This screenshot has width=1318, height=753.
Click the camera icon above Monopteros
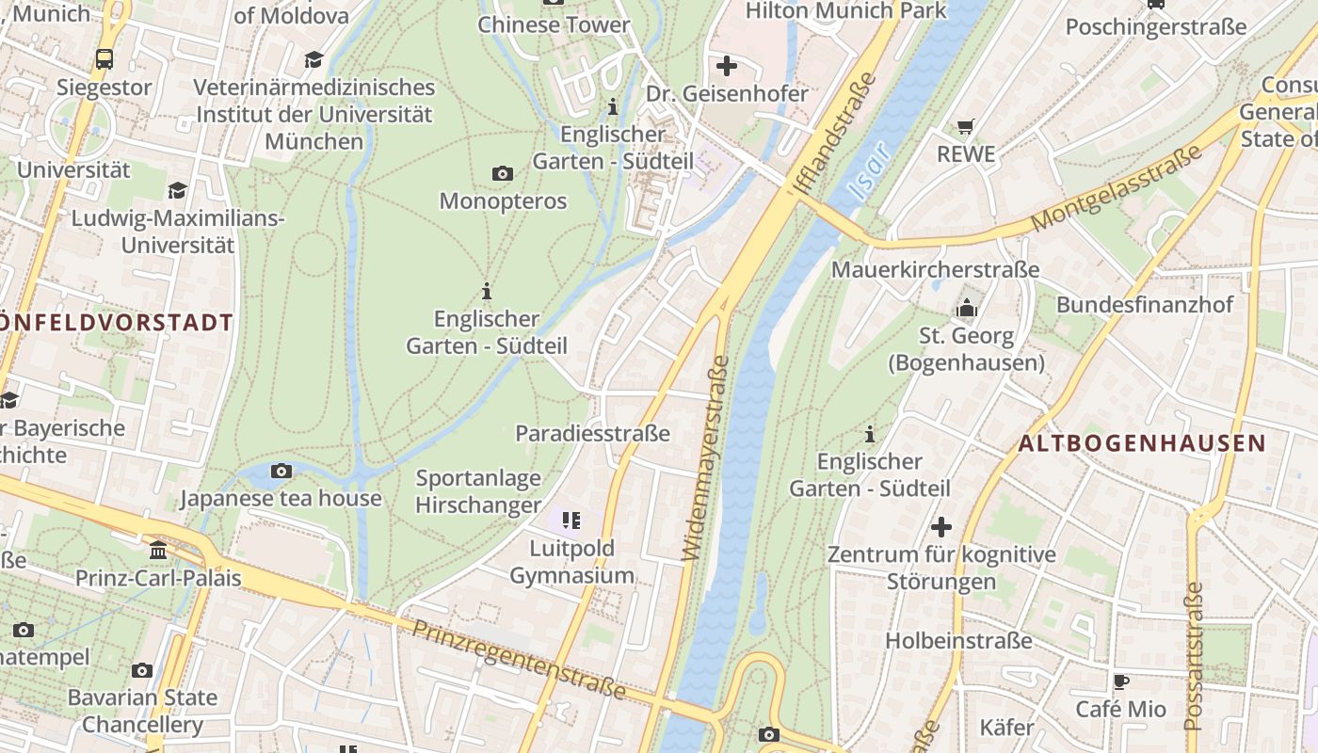(x=503, y=173)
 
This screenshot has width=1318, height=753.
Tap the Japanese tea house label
(x=281, y=498)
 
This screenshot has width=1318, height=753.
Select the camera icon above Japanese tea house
(x=281, y=471)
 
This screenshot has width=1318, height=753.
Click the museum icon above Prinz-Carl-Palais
(x=158, y=550)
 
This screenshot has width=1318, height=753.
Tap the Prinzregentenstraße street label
(x=519, y=660)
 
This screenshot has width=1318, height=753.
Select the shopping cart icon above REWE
(x=966, y=126)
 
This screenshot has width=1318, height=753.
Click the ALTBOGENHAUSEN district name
(x=1142, y=443)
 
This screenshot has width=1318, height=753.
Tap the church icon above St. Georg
(x=967, y=308)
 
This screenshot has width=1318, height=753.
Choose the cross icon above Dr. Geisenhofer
(x=727, y=66)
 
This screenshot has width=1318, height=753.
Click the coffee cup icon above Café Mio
(x=1120, y=681)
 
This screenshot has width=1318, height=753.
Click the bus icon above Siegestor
(x=104, y=59)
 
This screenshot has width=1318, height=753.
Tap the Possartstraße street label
(x=1194, y=656)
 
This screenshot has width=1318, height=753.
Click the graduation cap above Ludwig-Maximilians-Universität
(x=177, y=191)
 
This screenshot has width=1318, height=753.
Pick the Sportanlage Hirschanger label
(x=478, y=491)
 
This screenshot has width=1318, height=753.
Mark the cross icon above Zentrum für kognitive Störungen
(x=941, y=527)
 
